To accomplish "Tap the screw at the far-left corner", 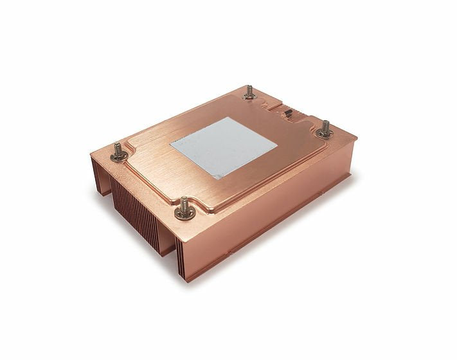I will (x=118, y=152).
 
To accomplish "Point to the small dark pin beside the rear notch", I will (x=288, y=116).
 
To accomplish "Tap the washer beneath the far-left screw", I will (x=118, y=157).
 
